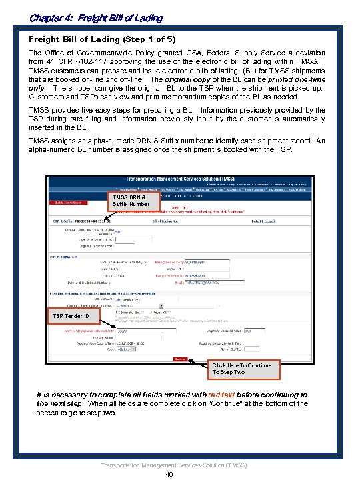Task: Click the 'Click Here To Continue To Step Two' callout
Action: [x=241, y=369]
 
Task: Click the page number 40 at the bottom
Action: [x=169, y=474]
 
